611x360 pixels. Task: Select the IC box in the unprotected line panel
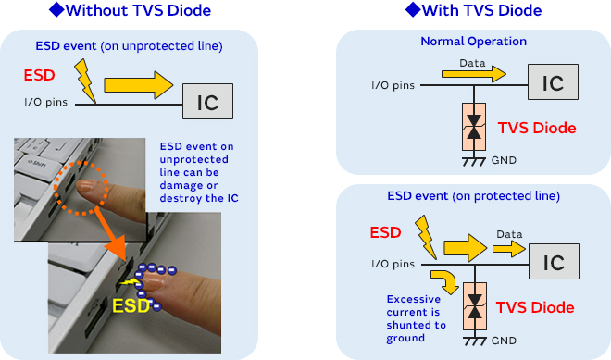point(208,102)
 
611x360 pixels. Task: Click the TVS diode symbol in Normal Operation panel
point(475,130)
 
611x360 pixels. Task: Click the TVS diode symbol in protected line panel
point(475,307)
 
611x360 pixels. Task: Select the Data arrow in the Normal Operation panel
point(480,72)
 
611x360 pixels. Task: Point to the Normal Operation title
point(473,42)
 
